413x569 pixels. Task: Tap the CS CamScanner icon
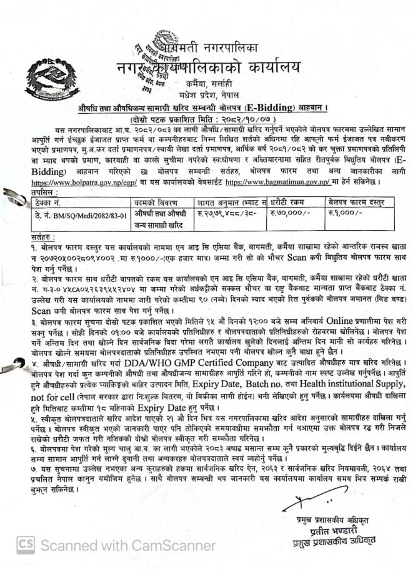point(26,543)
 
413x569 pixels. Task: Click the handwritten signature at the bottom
point(306,500)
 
